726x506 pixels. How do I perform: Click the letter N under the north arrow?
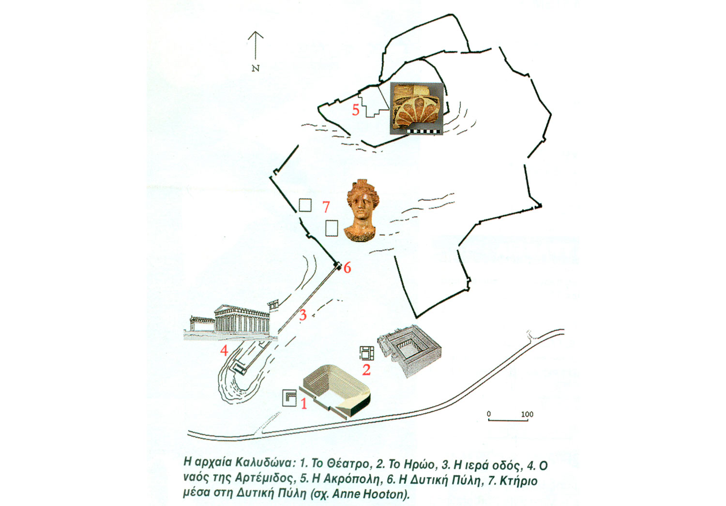pos(256,68)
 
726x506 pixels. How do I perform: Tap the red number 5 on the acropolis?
pos(356,110)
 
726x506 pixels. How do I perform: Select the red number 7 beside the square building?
pos(326,207)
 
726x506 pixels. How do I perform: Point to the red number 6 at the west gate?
pos(347,268)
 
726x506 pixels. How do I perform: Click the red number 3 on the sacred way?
pos(302,315)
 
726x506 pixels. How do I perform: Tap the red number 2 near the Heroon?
pos(366,370)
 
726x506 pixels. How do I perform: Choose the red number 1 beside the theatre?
pos(303,403)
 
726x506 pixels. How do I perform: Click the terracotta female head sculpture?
pos(362,210)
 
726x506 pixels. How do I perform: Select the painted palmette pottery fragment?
pos(416,108)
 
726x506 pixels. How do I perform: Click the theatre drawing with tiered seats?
pos(335,391)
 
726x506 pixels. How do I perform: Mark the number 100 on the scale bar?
pos(527,414)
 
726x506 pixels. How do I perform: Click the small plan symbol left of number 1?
pos(289,398)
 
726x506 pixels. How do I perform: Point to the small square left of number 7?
pos(305,205)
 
